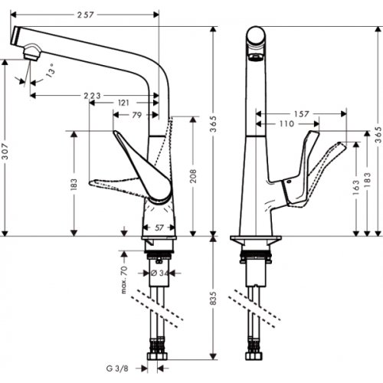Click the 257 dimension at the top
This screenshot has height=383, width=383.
pyautogui.click(x=87, y=15)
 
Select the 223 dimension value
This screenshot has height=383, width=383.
pyautogui.click(x=91, y=95)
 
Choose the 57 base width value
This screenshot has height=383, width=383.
pyautogui.click(x=159, y=228)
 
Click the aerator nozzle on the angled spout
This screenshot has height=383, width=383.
pyautogui.click(x=30, y=51)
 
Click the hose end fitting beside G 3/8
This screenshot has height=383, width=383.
pyautogui.click(x=161, y=359)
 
